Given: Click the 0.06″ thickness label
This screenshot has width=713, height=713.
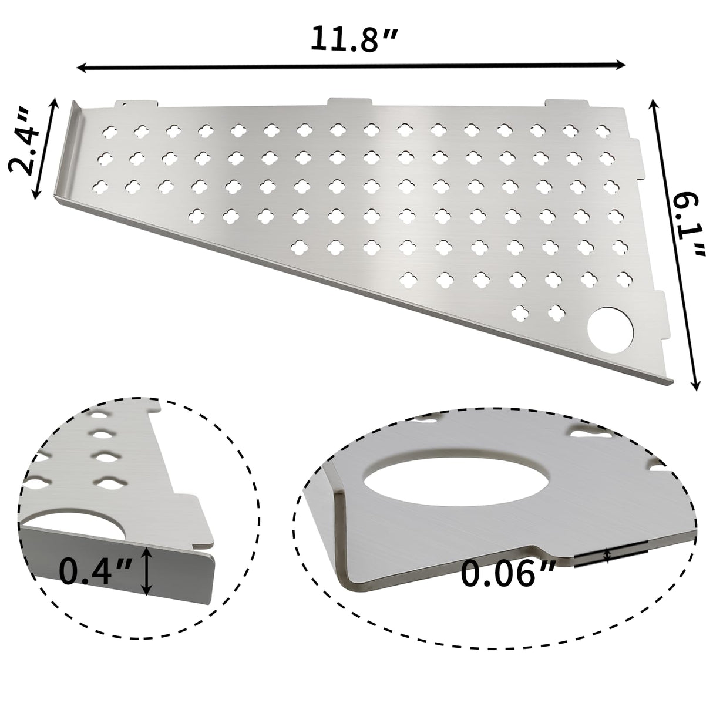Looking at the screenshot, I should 508,573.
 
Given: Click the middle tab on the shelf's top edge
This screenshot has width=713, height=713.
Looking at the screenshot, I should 350,103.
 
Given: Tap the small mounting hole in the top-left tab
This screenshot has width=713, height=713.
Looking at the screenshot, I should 124,106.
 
